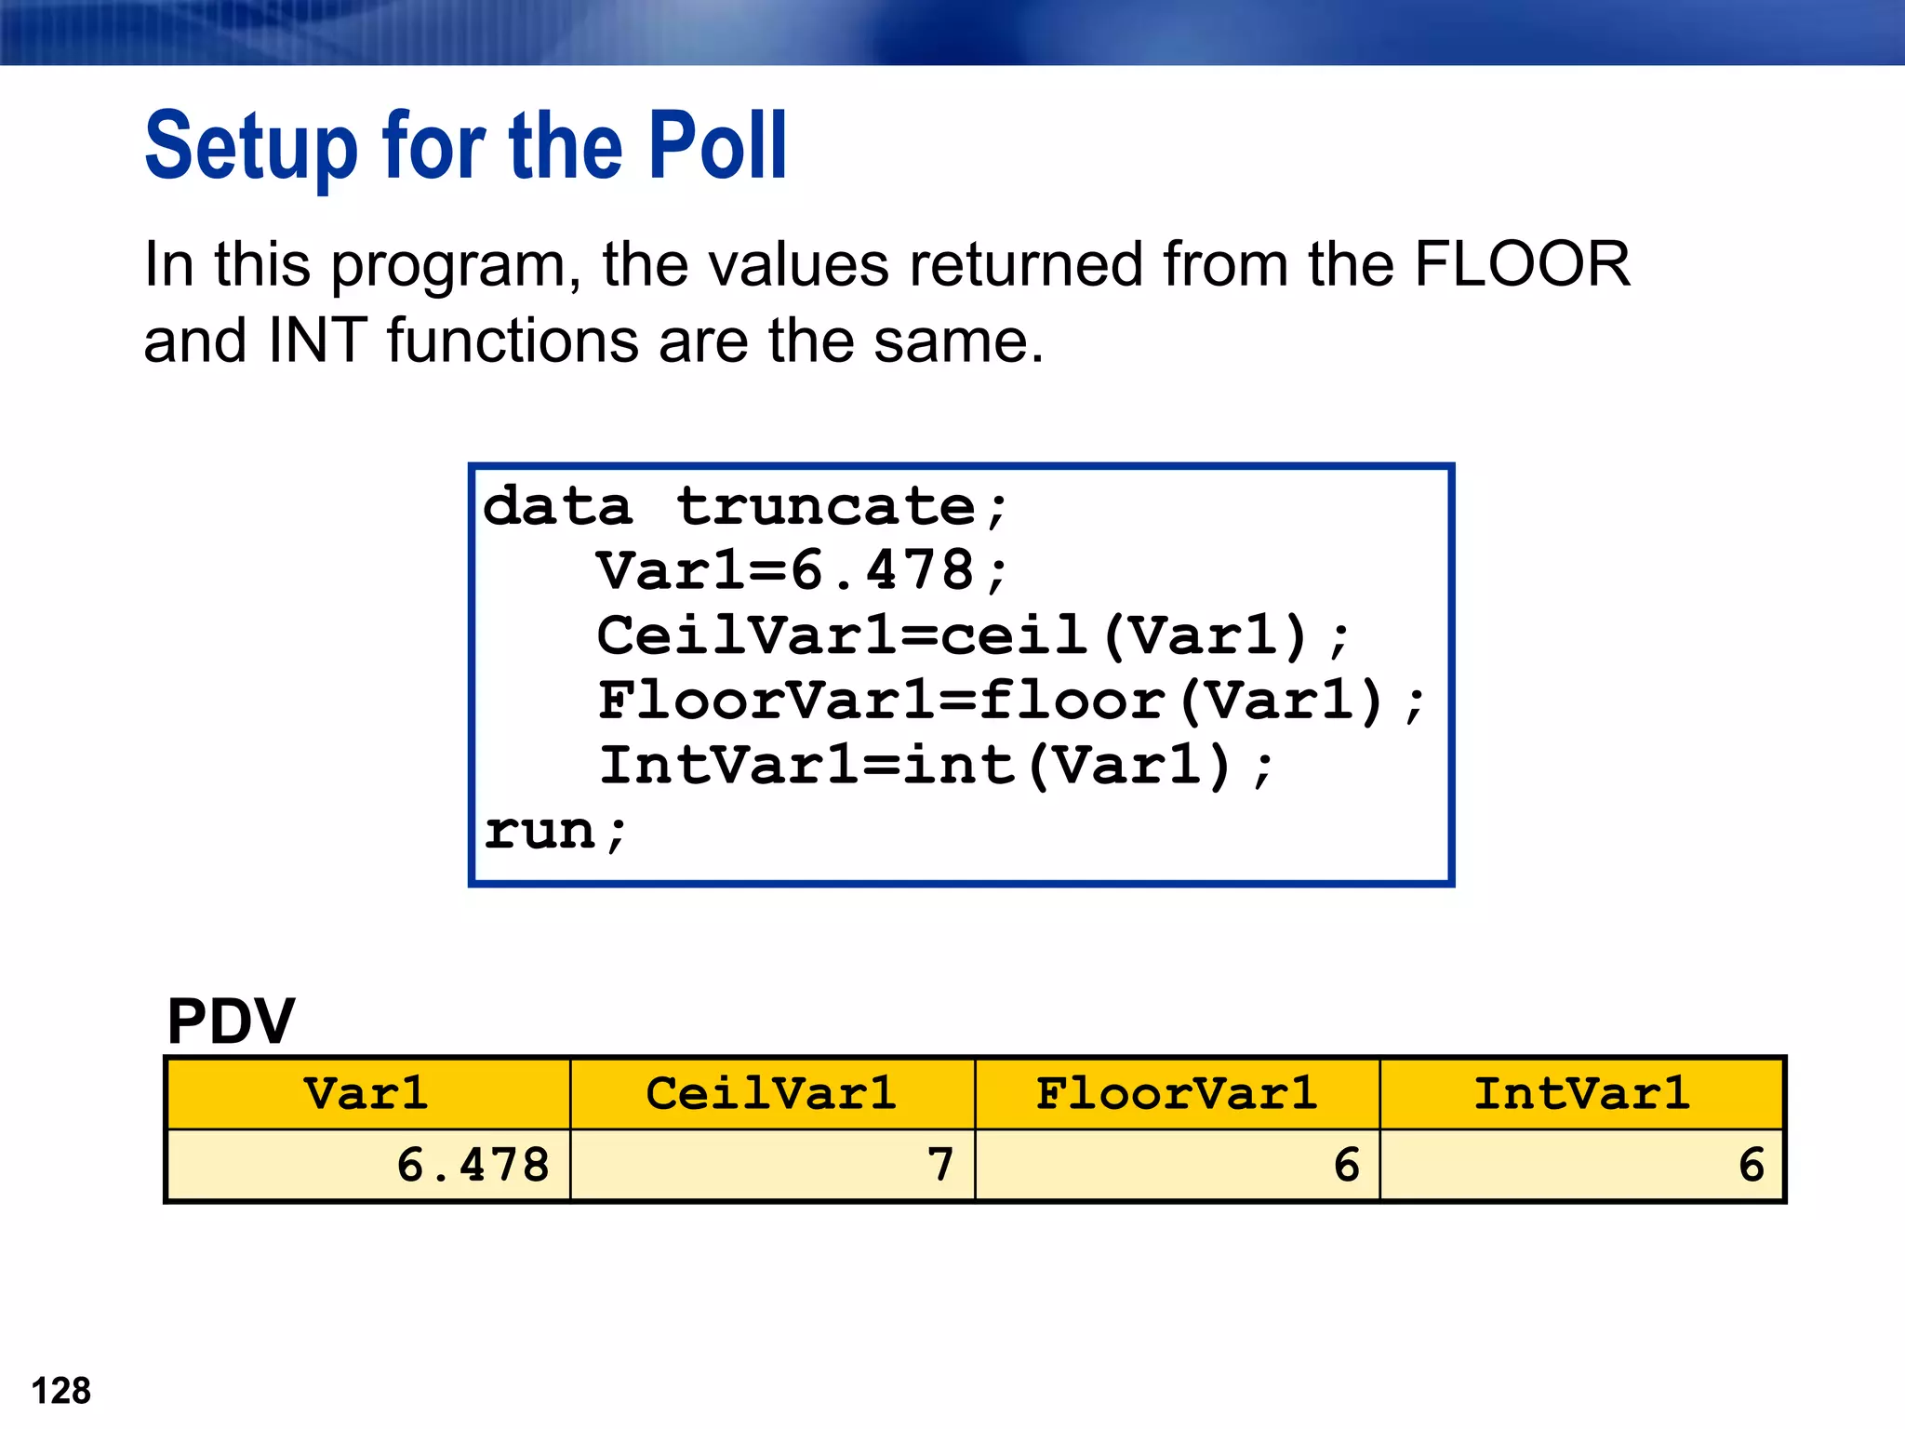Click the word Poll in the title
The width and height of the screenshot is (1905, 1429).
coord(717,147)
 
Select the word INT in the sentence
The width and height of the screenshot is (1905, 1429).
coord(318,341)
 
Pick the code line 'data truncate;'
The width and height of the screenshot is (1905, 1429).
coord(744,508)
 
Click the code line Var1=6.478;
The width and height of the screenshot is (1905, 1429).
coord(802,571)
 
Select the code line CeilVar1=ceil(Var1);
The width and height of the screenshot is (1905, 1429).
coord(972,636)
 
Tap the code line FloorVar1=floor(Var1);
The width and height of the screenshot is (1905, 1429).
coord(1010,701)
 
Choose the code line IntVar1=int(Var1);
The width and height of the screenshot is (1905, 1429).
coord(935,767)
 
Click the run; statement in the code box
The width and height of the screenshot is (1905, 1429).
coord(556,832)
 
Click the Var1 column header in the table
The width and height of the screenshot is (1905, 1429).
coord(366,1094)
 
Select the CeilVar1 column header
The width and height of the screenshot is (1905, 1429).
coord(771,1094)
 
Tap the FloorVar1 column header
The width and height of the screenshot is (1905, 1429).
coord(1177,1094)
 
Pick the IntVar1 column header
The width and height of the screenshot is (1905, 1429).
coord(1581,1094)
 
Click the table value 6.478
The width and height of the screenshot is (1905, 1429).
coord(473,1166)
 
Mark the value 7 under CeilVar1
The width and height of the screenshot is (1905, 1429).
coord(940,1166)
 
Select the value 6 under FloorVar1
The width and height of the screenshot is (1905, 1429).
coord(1346,1166)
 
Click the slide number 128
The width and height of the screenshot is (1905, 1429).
coord(61,1392)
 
